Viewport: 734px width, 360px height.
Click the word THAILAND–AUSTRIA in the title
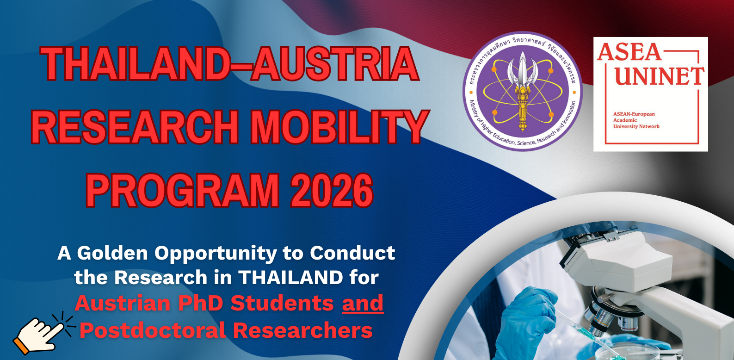[x=230, y=64]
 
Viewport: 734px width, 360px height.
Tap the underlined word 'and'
[x=363, y=303]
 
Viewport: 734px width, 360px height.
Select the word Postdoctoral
[x=153, y=330]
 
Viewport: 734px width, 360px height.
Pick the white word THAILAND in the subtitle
[x=290, y=277]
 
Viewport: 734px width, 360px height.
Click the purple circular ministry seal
[x=523, y=91]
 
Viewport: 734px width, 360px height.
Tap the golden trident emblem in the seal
[x=523, y=90]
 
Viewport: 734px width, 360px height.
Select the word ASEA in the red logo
[x=629, y=52]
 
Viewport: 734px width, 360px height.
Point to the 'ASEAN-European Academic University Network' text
[x=636, y=120]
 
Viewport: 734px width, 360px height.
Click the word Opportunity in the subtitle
[x=216, y=254]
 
